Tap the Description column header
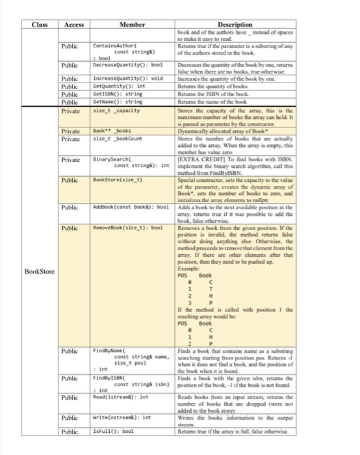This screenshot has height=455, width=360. tap(235, 25)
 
